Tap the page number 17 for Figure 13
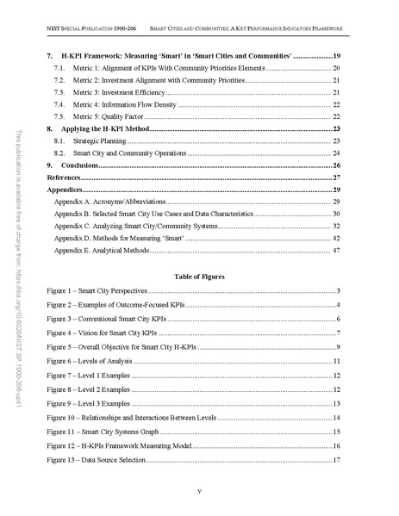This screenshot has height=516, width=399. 337,462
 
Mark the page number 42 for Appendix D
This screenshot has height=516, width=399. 337,237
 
